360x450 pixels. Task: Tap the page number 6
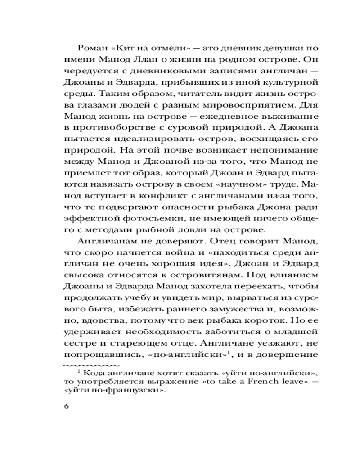click(x=67, y=407)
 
